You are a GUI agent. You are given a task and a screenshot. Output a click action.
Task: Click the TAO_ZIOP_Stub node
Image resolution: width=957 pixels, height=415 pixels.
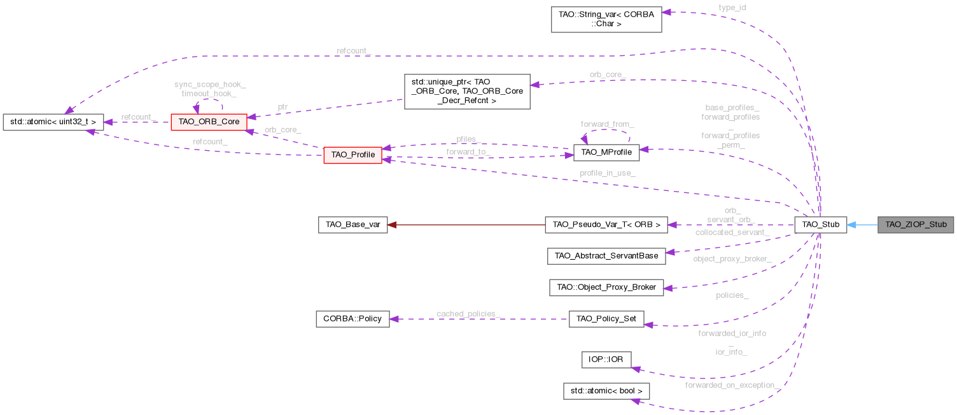point(915,225)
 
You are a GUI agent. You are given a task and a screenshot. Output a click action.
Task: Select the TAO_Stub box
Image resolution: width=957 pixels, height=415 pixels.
point(820,225)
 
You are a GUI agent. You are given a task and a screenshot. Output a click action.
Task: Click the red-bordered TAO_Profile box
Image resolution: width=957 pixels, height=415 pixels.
point(353,155)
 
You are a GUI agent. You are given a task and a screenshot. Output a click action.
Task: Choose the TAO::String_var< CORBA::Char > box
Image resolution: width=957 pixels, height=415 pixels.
point(606,18)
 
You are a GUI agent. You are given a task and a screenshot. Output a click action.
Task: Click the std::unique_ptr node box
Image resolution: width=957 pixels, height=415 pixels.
point(467,91)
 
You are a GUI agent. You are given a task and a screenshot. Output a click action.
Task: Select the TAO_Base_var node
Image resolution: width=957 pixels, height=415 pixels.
point(353,225)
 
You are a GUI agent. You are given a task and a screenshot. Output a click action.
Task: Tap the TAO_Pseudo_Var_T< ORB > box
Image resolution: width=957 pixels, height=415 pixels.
point(606,225)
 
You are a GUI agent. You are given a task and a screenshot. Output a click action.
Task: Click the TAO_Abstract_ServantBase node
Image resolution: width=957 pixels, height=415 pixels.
point(606,256)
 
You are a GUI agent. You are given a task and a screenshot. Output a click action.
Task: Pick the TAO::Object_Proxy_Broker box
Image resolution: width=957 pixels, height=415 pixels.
point(606,287)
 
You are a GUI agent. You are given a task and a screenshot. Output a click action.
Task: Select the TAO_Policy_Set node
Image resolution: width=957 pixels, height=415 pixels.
point(606,318)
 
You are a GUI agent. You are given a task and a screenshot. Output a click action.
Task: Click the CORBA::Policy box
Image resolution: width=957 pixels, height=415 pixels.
point(353,318)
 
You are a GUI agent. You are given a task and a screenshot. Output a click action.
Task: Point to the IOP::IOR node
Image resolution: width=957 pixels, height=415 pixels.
point(606,360)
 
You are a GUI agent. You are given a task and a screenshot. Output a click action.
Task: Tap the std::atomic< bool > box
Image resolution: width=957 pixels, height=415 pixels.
point(606,391)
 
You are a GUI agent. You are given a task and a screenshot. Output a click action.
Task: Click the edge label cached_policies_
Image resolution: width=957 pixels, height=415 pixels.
point(468,314)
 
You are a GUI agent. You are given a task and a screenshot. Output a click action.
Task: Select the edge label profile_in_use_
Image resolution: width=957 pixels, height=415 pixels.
point(607,173)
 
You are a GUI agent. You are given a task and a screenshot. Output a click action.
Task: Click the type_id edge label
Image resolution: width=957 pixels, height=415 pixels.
point(732,8)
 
